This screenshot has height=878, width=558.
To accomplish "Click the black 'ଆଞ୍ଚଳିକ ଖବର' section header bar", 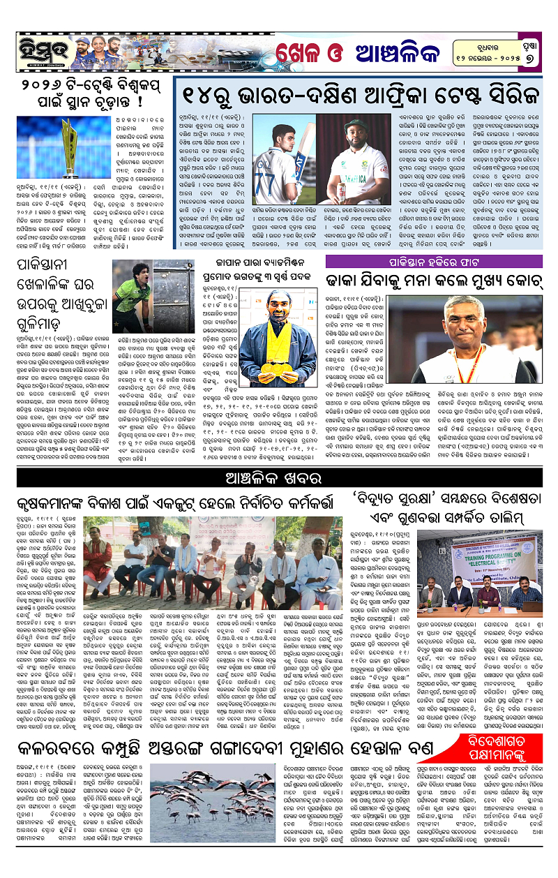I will click(279, 478).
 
